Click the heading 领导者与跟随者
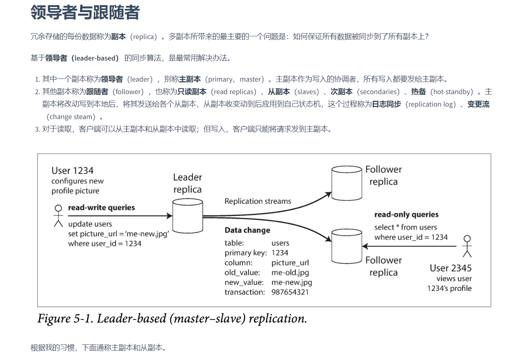[x=85, y=12]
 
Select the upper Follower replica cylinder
[x=346, y=183]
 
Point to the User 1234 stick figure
[x=58, y=216]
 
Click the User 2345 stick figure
[x=467, y=246]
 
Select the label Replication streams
[x=258, y=201]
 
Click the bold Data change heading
[x=247, y=230]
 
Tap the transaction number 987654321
[x=290, y=292]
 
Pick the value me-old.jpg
[x=290, y=273]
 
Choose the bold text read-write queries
[x=102, y=208]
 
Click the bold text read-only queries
[x=406, y=214]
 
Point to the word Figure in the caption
[x=54, y=319]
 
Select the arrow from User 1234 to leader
[x=117, y=216]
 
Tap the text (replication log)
[x=431, y=104]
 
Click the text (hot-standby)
[x=452, y=92]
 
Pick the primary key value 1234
[x=280, y=253]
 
